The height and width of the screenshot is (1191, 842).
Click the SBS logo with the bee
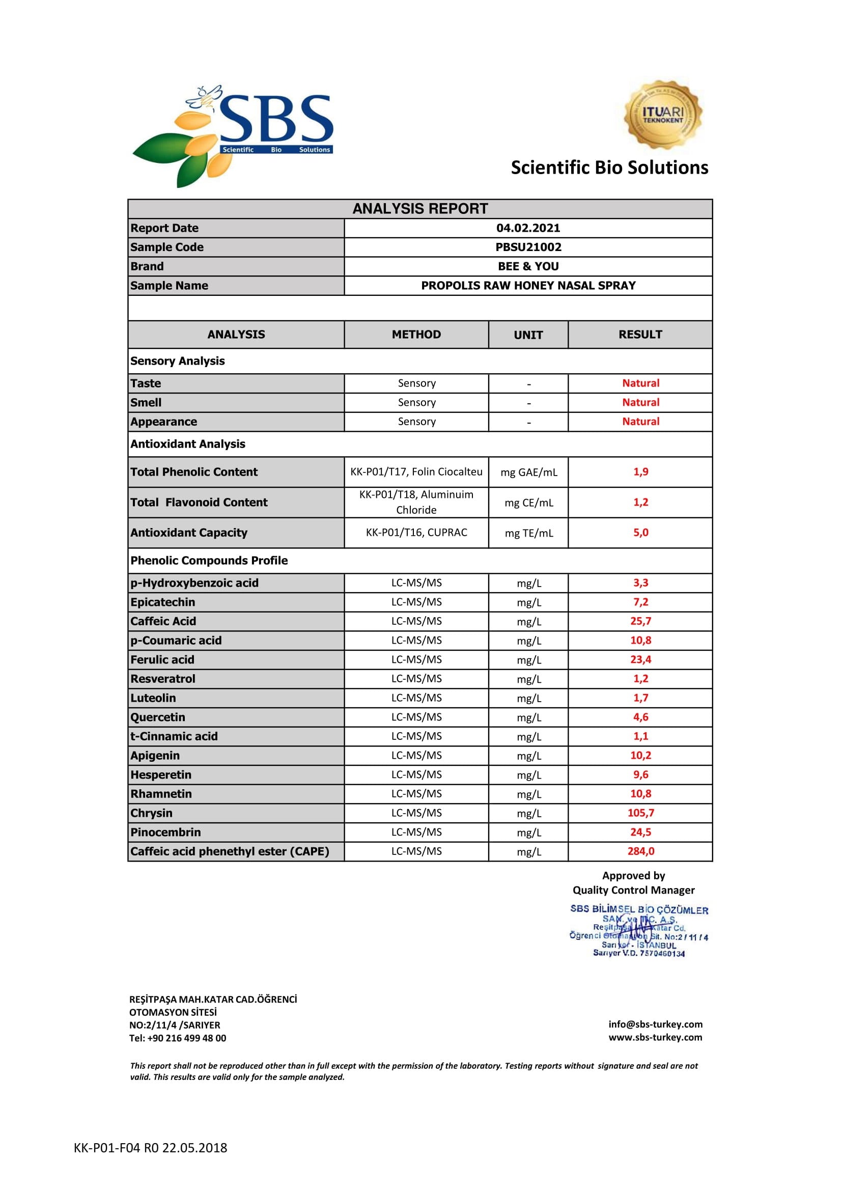[x=233, y=136]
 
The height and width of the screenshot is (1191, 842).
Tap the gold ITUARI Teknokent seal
[x=663, y=115]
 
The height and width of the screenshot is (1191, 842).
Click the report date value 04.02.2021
[x=528, y=228]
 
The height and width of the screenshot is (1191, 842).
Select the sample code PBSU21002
[x=528, y=247]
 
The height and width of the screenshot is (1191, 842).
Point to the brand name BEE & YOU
[x=528, y=267]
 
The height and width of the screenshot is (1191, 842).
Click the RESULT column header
[x=640, y=335]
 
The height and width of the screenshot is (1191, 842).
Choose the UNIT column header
[x=528, y=335]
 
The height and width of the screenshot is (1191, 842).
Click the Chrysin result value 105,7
[x=640, y=813]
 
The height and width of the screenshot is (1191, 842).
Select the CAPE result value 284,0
[x=640, y=851]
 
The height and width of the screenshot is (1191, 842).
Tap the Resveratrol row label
[x=163, y=679]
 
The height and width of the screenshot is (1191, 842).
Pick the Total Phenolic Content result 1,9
[x=640, y=472]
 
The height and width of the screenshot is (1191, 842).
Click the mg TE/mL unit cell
[x=528, y=533]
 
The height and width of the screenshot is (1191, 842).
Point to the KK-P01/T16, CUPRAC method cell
[x=416, y=533]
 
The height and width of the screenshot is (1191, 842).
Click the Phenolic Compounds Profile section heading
[x=209, y=561]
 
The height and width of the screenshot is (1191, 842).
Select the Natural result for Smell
[x=640, y=403]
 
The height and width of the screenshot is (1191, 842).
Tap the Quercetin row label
[x=158, y=717]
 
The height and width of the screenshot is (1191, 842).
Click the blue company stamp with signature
[x=638, y=932]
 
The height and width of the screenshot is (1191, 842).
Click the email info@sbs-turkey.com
[x=655, y=1024]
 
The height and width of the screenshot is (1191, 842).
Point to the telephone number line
[x=177, y=1038]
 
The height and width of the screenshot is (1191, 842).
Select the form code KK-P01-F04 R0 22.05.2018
[x=150, y=1148]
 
